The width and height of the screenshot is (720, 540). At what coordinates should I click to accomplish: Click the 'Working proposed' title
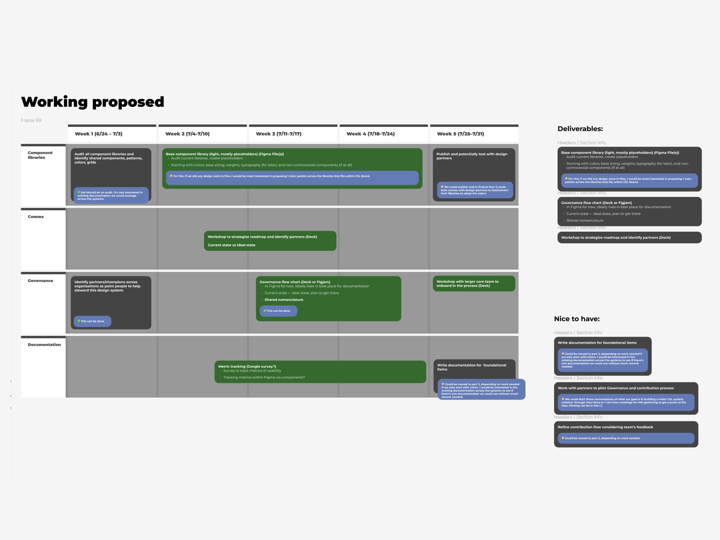tap(92, 102)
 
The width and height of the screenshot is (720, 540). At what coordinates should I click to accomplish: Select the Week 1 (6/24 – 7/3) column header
tap(98, 134)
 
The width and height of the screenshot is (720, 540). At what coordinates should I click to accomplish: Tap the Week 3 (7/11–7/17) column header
tap(278, 134)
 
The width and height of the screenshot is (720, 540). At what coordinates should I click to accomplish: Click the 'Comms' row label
tap(36, 217)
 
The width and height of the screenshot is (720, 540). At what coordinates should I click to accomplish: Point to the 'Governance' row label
tap(40, 281)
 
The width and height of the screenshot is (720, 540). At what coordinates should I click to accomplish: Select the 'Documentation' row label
tap(44, 345)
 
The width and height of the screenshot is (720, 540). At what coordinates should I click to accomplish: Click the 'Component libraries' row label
tap(40, 155)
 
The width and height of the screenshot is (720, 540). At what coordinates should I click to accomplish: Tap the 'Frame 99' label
tap(31, 120)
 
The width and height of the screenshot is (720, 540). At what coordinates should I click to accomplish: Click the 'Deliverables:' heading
tap(580, 129)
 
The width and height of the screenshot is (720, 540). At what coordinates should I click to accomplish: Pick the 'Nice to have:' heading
tap(577, 319)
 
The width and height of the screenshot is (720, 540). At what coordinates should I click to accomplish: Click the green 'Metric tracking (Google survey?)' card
tap(320, 372)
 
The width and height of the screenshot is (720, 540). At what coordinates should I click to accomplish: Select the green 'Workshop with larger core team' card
tap(474, 284)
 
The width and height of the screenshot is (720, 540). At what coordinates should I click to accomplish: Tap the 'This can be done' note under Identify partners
tap(92, 321)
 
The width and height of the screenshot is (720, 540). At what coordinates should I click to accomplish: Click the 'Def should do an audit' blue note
tap(111, 195)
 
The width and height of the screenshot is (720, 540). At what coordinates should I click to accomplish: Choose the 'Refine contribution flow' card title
tap(605, 427)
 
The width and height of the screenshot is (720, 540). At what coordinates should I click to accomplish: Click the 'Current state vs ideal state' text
tap(231, 245)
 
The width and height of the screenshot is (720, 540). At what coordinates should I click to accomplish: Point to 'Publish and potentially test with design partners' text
tap(471, 156)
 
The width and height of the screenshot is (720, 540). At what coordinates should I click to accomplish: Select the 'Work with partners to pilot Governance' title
tap(616, 388)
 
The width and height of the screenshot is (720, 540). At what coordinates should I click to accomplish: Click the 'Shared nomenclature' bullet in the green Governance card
tap(284, 300)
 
